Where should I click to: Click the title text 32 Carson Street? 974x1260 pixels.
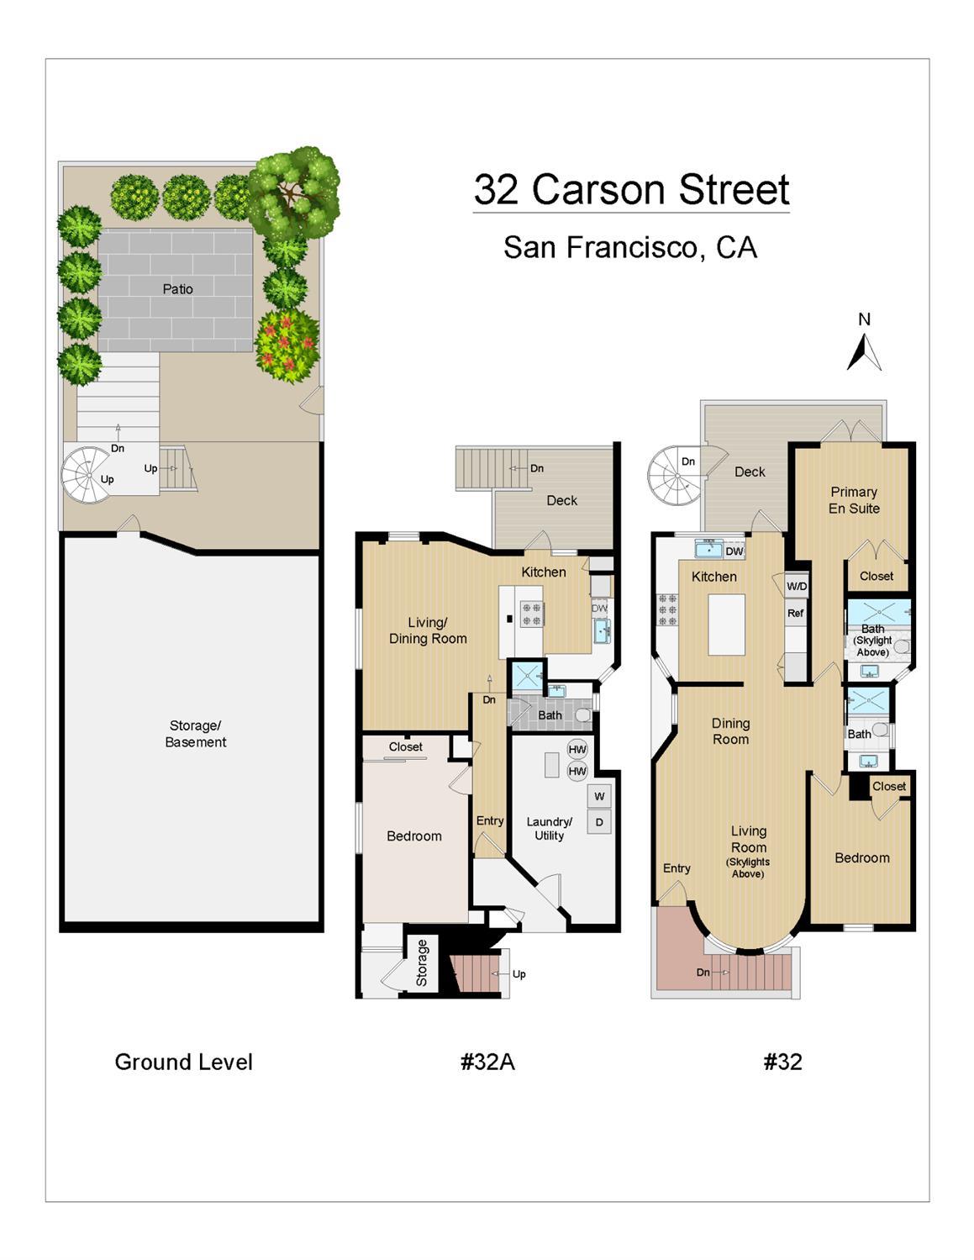click(x=631, y=190)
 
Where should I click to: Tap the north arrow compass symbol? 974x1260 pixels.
click(x=864, y=351)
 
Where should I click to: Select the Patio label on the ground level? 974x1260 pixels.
click(x=177, y=289)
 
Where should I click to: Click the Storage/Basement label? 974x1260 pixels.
click(x=196, y=734)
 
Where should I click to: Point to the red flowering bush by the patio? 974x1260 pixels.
click(x=287, y=345)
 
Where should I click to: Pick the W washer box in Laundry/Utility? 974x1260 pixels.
click(x=599, y=796)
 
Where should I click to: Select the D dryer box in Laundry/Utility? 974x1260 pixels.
click(x=599, y=822)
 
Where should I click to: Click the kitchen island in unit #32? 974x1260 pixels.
click(x=726, y=625)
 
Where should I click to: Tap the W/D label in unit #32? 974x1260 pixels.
click(x=797, y=586)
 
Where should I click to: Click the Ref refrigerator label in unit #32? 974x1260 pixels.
click(x=796, y=613)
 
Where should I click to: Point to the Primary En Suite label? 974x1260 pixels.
click(x=854, y=500)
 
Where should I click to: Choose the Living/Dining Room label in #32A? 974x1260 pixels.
click(x=428, y=630)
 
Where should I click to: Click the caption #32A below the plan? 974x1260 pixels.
click(x=487, y=1062)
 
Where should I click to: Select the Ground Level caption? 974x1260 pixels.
click(x=183, y=1062)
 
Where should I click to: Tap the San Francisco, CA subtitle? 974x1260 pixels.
click(x=630, y=247)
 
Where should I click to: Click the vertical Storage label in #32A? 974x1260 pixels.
click(x=422, y=963)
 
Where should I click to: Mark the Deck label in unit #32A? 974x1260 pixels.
click(x=561, y=500)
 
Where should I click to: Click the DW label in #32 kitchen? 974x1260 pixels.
click(x=734, y=551)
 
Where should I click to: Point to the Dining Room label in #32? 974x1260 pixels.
click(x=730, y=731)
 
